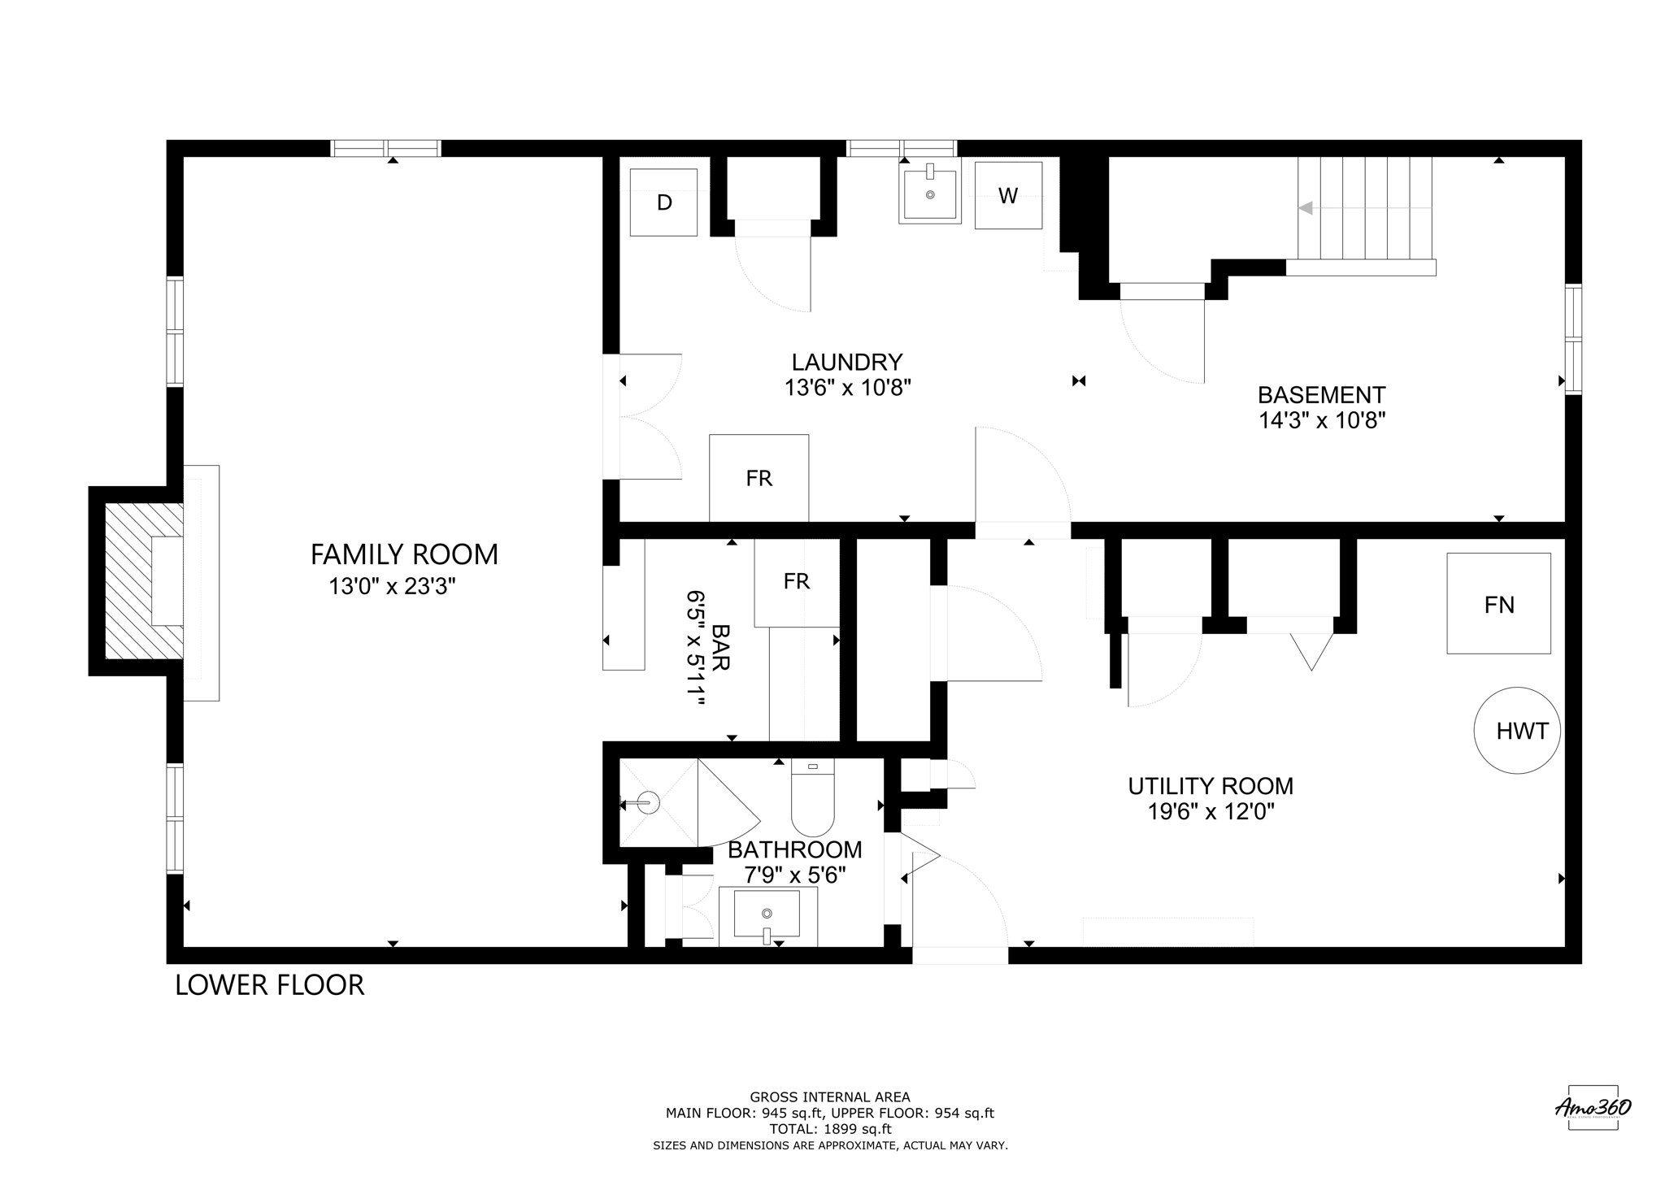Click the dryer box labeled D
(663, 202)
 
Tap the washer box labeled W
(1008, 196)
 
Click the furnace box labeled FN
(1498, 604)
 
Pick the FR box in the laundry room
(759, 478)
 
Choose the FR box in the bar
(797, 581)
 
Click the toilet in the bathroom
(813, 801)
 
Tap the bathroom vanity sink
(767, 914)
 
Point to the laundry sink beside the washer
(930, 193)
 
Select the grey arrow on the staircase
(1306, 208)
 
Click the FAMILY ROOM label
(404, 554)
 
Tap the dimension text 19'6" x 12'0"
(1211, 812)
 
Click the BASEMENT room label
(1321, 395)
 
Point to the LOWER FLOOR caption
(270, 985)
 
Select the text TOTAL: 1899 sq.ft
(830, 1129)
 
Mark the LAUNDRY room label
(847, 362)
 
